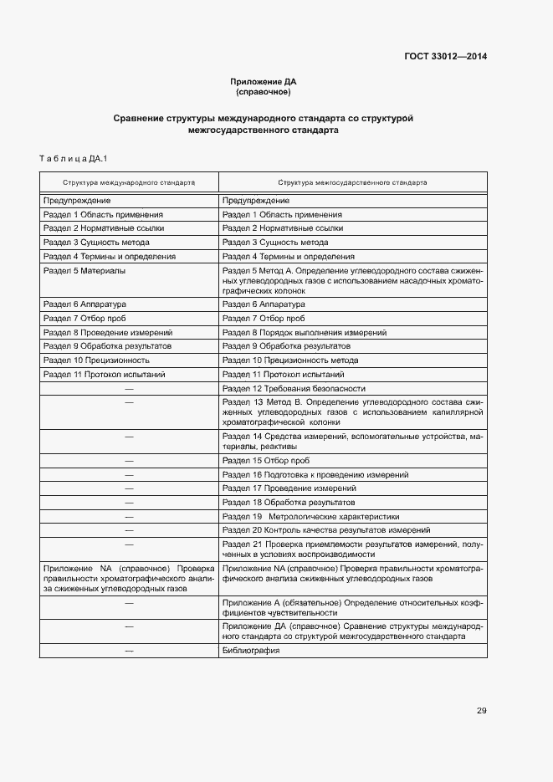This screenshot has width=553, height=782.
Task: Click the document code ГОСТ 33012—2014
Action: pyautogui.click(x=446, y=57)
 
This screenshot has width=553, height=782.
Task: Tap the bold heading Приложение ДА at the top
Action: pyautogui.click(x=264, y=81)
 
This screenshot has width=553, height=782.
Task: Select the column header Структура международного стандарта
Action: pyautogui.click(x=128, y=181)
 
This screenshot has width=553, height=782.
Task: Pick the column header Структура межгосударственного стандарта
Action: pyautogui.click(x=352, y=181)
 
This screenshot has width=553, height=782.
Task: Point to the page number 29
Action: pyautogui.click(x=481, y=711)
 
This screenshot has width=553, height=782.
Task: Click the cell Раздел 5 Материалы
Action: pyautogui.click(x=84, y=271)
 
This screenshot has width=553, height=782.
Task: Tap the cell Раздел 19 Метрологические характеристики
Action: pyautogui.click(x=310, y=517)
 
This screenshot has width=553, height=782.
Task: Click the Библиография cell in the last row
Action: pyautogui.click(x=251, y=650)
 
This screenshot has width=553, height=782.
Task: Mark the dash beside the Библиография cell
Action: pyautogui.click(x=129, y=650)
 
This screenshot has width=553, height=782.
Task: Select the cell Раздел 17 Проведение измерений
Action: pyautogui.click(x=289, y=488)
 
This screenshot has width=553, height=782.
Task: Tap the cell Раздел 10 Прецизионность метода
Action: pyautogui.click(x=290, y=360)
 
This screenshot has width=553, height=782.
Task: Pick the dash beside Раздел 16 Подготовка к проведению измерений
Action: pyautogui.click(x=129, y=474)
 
